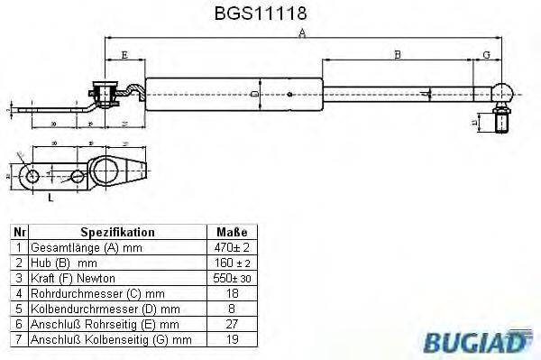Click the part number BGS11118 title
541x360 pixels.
coord(270,14)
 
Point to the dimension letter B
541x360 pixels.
coord(398,55)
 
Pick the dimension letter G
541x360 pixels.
coord(487,55)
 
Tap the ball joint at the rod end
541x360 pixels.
coord(503,91)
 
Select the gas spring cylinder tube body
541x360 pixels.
coord(234,92)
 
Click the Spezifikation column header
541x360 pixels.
coord(117,231)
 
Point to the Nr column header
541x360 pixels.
coord(18,231)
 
